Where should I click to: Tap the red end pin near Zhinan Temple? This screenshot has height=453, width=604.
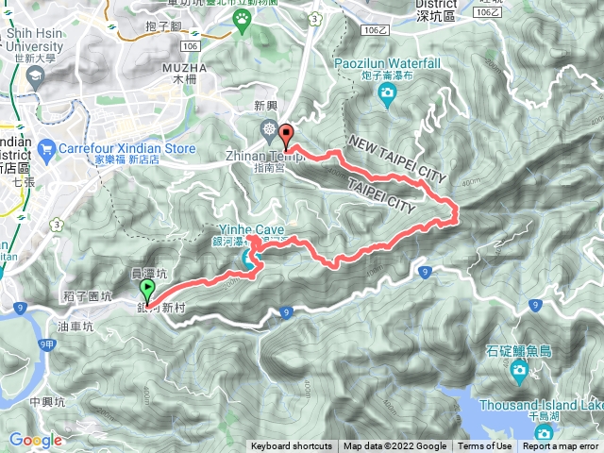click(x=285, y=132)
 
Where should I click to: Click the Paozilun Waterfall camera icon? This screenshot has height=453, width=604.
click(x=386, y=92)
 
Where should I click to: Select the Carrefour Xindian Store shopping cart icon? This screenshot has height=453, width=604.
click(x=46, y=149)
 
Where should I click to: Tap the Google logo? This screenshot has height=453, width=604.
click(x=35, y=440)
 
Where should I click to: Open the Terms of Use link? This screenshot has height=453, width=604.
click(x=485, y=446)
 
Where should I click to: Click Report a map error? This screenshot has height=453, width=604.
click(x=562, y=446)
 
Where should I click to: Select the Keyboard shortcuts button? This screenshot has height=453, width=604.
click(x=292, y=446)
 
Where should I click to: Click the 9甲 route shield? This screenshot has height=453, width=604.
click(x=47, y=344)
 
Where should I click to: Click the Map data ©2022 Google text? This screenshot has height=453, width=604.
click(x=394, y=446)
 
